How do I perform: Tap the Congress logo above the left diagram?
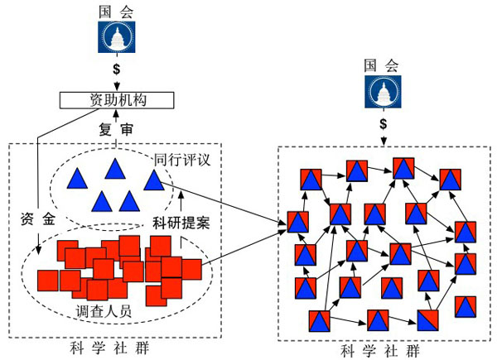point(116,41)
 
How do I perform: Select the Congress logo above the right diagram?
point(382,94)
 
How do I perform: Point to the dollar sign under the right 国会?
point(382,122)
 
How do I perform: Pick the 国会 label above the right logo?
point(382,65)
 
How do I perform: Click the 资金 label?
point(37,220)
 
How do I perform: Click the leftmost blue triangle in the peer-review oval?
point(78,177)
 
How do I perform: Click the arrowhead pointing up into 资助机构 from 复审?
point(117,113)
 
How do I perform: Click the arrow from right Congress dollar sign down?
point(382,137)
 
